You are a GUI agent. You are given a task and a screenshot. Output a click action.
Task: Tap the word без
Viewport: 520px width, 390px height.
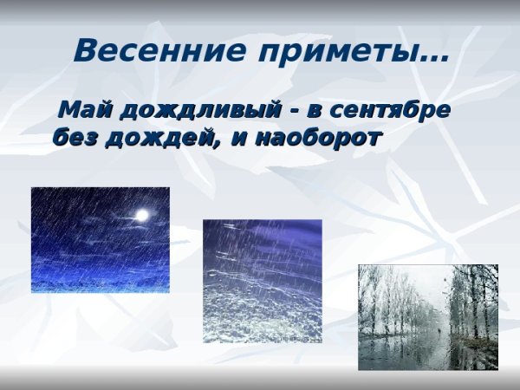[75, 136]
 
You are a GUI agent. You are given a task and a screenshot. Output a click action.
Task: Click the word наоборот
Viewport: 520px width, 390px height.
[318, 136]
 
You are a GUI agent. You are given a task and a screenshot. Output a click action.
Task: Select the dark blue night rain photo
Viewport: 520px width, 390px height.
[100, 240]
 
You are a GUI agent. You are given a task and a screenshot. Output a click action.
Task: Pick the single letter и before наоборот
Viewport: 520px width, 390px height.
[237, 137]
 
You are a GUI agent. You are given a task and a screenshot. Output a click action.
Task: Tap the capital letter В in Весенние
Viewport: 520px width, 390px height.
[85, 50]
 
